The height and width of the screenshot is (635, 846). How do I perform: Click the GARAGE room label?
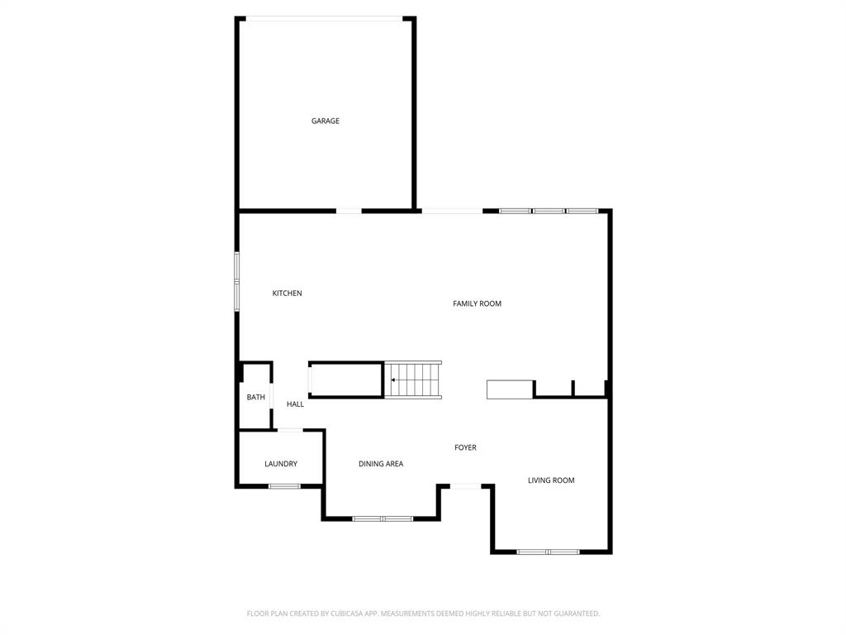point(325,121)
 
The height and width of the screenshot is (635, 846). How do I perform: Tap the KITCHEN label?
point(287,294)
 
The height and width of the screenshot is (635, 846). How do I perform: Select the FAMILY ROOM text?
point(477,303)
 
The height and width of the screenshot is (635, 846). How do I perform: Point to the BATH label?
point(255,398)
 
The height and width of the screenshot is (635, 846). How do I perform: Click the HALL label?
point(295,404)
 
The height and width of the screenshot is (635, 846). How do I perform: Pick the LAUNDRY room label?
point(281,464)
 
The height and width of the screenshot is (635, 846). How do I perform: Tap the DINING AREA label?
point(381,464)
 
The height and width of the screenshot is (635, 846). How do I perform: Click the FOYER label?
point(465,447)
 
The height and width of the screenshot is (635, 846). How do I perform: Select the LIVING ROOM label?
point(551,480)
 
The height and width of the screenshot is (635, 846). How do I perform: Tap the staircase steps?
point(417,380)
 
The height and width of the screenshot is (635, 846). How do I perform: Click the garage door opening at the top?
point(326,18)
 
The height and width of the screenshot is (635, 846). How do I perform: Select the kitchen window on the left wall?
point(237,282)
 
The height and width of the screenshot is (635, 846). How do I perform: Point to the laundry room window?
point(284,485)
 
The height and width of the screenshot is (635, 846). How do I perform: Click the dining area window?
point(383,518)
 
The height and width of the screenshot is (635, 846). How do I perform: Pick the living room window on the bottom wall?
point(548,551)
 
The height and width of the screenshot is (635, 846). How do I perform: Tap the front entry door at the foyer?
point(465,486)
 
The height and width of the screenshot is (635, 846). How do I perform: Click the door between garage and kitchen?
point(349,211)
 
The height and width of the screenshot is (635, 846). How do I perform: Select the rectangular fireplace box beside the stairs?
point(510,389)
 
